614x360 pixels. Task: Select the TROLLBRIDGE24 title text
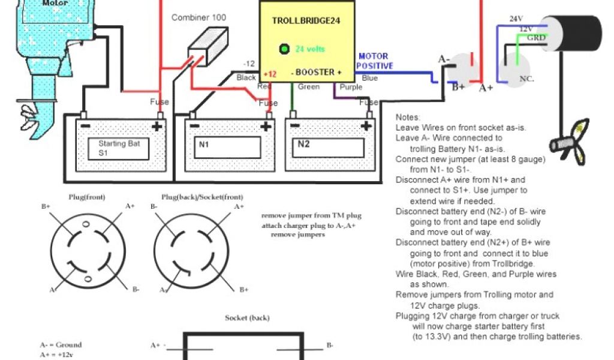coord(302,20)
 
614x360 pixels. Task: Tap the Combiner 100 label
coord(198,17)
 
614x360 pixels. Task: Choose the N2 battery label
coord(304,145)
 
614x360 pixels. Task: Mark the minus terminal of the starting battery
coord(85,126)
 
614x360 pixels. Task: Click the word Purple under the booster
coord(351,88)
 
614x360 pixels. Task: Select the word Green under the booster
coord(308,88)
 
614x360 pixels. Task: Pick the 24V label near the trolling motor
coord(516,19)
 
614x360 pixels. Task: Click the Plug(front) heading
coord(84,197)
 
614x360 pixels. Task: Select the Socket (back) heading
coord(247,317)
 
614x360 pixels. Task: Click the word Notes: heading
coord(408,118)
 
